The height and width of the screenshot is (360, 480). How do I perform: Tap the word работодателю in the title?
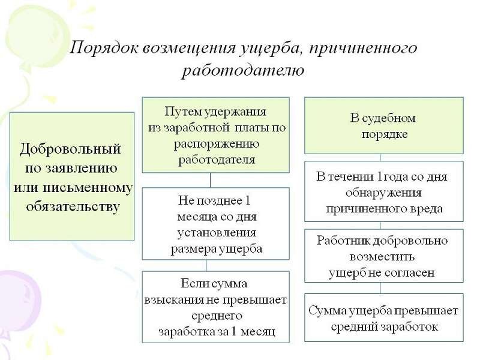tap(243, 71)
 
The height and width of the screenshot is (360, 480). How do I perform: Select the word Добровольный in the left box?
tap(71, 148)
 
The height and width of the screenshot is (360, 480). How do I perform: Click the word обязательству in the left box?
tap(73, 206)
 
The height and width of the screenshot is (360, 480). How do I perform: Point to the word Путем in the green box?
tap(181, 112)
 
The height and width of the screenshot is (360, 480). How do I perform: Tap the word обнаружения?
tap(384, 193)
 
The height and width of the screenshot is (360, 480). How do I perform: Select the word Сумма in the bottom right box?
tap(328, 311)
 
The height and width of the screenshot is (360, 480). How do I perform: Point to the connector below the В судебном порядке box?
tap(379, 157)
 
